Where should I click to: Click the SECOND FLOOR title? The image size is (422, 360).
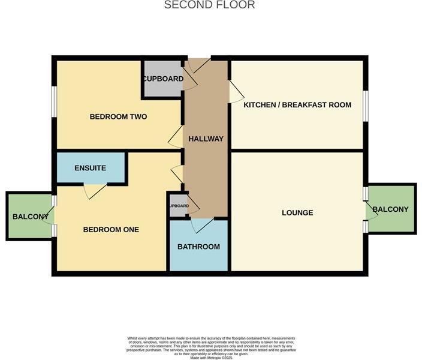tap(210, 5)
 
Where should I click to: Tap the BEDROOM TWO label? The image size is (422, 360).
tap(118, 116)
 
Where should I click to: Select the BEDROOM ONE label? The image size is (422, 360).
tap(111, 229)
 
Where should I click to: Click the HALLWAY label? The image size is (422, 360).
tap(206, 139)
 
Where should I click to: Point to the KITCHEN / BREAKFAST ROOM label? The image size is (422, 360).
tap(297, 105)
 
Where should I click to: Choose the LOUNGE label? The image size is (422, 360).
tap(297, 212)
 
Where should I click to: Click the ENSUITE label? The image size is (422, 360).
tap(91, 168)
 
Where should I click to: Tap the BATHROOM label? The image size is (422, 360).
tap(198, 247)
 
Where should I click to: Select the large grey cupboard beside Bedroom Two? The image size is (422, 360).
tap(162, 79)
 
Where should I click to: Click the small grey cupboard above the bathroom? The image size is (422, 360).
tap(178, 206)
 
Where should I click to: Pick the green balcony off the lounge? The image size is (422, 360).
tap(391, 209)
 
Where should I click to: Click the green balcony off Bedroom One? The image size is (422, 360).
tap(29, 217)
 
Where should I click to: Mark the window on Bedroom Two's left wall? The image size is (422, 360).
tap(54, 101)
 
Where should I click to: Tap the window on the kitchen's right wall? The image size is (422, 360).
tap(365, 104)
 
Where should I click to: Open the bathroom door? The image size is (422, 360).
tap(201, 224)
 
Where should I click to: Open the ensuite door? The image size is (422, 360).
tap(95, 191)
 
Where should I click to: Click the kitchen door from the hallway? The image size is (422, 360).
tap(236, 91)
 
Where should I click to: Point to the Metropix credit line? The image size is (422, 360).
tap(211, 358)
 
